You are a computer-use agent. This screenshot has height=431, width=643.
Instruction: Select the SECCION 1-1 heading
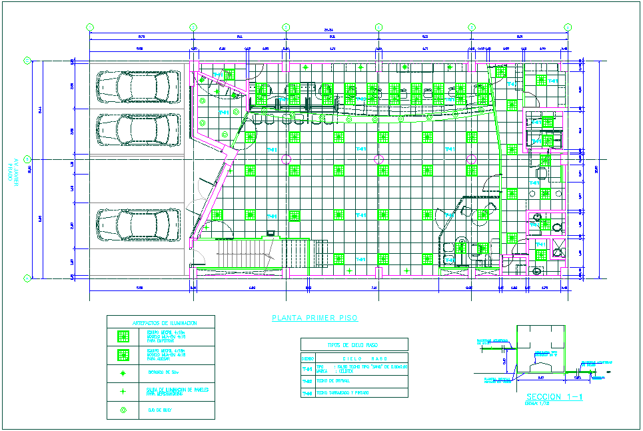click(x=554, y=397)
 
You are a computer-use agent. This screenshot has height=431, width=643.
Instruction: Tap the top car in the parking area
click(x=138, y=87)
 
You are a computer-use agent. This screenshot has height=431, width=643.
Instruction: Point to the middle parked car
click(x=138, y=125)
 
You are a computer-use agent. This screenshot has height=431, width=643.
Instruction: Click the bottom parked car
click(x=138, y=224)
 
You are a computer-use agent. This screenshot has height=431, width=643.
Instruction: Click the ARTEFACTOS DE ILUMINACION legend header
click(x=161, y=322)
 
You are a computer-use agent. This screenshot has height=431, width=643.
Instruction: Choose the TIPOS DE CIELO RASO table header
click(x=354, y=344)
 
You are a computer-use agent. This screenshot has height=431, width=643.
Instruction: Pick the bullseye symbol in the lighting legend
click(x=123, y=410)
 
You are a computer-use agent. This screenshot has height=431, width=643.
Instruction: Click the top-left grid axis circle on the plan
click(x=90, y=27)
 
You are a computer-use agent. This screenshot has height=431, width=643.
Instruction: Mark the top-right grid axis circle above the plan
click(x=568, y=27)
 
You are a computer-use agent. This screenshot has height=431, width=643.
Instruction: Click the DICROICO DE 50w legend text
click(x=159, y=373)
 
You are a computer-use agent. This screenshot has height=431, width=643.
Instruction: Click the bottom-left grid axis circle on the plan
click(x=27, y=278)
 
